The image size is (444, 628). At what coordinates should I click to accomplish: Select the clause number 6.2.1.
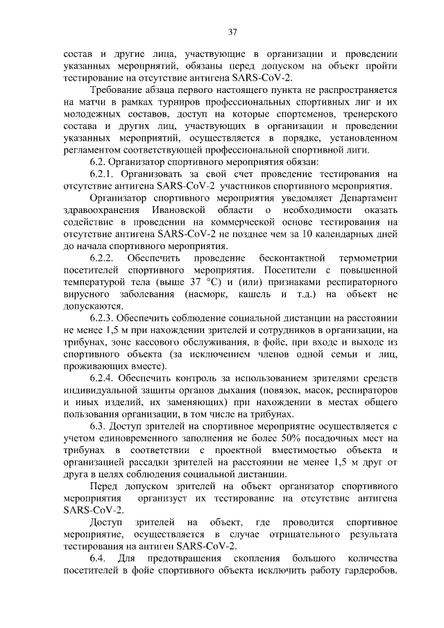click(104, 174)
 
